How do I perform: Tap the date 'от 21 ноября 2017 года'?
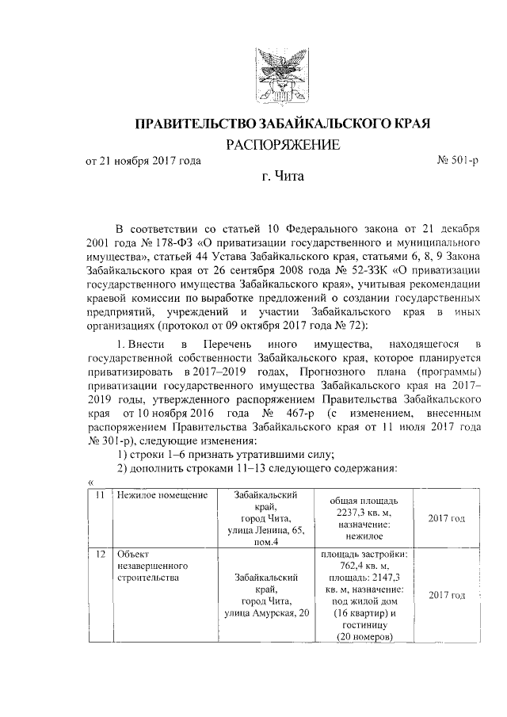(143, 162)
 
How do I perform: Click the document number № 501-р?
(458, 162)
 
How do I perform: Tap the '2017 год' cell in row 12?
(446, 595)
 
